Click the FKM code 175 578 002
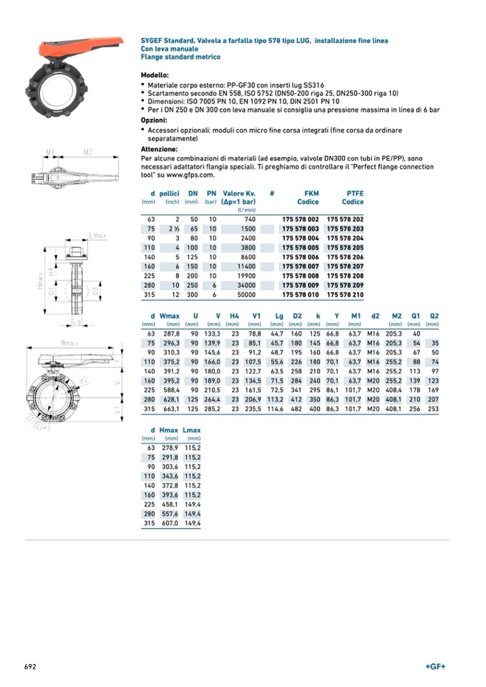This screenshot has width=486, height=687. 300,218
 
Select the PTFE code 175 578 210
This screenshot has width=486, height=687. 345,294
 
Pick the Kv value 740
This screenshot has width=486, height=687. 249,218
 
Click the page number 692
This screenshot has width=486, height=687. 30,666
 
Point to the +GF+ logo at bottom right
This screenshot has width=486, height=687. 435,666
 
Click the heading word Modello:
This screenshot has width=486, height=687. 155,75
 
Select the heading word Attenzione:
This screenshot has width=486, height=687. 159,149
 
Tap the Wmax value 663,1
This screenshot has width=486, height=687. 170,408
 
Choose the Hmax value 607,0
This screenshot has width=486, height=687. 168,524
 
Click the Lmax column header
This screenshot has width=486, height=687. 191,430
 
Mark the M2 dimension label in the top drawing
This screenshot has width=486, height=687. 87,152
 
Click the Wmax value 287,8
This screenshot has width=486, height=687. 170,334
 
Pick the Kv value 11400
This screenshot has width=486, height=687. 246,266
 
